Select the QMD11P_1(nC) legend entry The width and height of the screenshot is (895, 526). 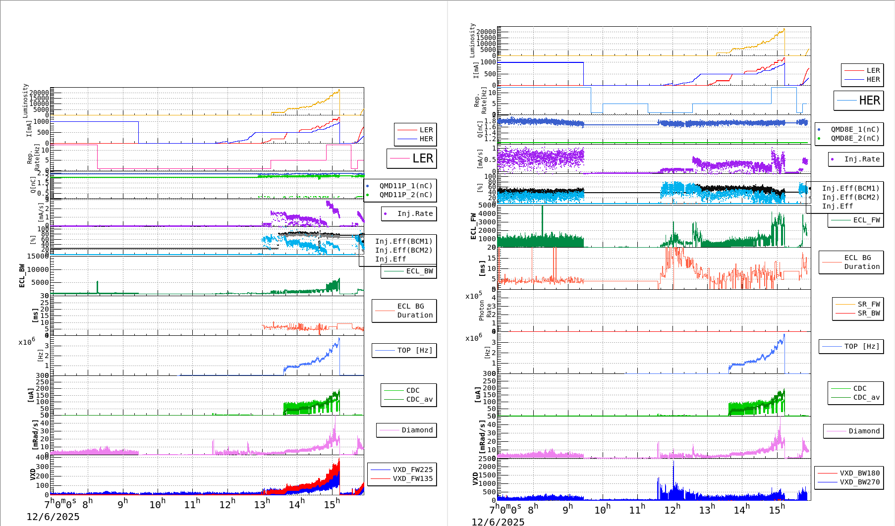pyautogui.click(x=406, y=186)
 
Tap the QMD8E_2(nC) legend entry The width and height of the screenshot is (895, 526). pyautogui.click(x=855, y=138)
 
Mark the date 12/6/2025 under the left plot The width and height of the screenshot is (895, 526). pyautogui.click(x=53, y=517)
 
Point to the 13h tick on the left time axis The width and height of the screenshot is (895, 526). pyautogui.click(x=262, y=504)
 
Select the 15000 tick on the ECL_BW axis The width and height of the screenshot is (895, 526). pyautogui.click(x=38, y=256)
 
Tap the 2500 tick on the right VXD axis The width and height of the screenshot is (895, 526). pyautogui.click(x=487, y=459)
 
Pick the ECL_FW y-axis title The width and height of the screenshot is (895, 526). pyautogui.click(x=473, y=226)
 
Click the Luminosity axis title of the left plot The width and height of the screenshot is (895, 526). pyautogui.click(x=25, y=101)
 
